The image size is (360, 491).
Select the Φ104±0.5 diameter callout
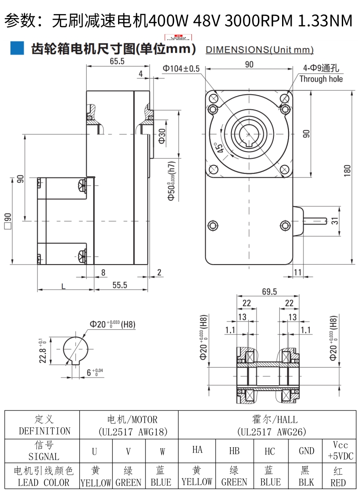[x=181, y=69]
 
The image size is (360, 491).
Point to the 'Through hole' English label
[x=321, y=79]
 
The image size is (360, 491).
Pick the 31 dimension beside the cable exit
[x=334, y=221]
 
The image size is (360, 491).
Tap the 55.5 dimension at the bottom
[x=119, y=285]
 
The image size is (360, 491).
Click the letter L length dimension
[x=62, y=286]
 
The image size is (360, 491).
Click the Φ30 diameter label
[x=162, y=135]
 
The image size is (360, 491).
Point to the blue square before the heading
[x=17, y=48]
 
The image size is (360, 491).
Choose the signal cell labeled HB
[x=234, y=451]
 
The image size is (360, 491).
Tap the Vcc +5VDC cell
[x=340, y=450]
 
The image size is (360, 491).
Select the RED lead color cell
[x=338, y=477]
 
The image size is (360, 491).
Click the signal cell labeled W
[x=162, y=451]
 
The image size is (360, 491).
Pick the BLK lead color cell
[x=306, y=477]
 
